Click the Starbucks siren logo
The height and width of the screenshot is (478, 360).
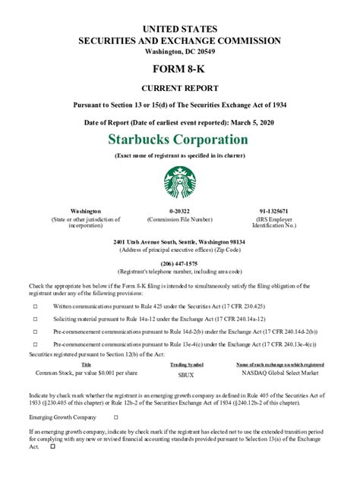click(180, 183)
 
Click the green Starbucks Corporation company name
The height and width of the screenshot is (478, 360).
click(178, 140)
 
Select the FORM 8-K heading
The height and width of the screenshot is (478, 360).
click(180, 71)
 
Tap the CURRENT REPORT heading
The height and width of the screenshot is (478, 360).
click(180, 89)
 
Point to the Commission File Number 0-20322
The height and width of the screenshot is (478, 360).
click(180, 211)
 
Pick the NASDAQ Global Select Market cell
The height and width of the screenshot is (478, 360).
click(279, 373)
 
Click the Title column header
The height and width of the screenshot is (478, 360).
click(86, 365)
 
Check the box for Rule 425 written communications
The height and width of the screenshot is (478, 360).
click(35, 306)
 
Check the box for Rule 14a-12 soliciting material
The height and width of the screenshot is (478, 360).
click(35, 319)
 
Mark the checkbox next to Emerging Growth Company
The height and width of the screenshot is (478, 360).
click(115, 417)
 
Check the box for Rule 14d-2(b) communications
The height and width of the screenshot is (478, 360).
click(35, 332)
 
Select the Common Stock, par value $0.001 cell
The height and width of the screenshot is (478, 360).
click(87, 373)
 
